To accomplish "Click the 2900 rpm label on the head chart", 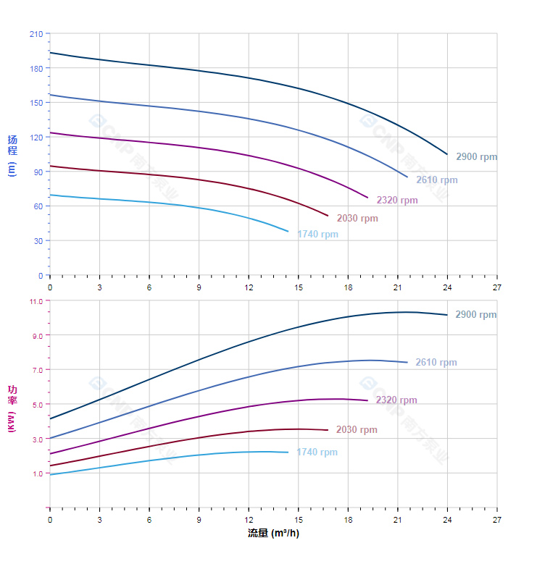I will (476, 157).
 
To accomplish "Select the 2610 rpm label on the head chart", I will (436, 180).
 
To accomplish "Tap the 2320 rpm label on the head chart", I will (396, 201).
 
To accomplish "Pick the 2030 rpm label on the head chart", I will (357, 219).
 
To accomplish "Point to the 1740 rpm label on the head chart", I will (317, 235).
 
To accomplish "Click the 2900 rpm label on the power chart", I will (475, 315).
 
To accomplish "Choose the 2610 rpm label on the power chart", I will (436, 363).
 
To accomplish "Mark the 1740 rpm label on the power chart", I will (317, 452).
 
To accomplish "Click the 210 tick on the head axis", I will (36, 34).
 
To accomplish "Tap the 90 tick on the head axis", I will (38, 172).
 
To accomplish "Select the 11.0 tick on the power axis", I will (36, 300).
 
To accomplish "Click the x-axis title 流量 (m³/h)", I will (273, 534).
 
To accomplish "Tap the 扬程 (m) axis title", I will (12, 155).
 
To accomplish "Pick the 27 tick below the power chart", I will (496, 520).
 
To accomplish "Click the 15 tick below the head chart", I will (298, 287).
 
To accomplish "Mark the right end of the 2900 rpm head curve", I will (447, 154).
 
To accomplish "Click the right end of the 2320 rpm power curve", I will (367, 400).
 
